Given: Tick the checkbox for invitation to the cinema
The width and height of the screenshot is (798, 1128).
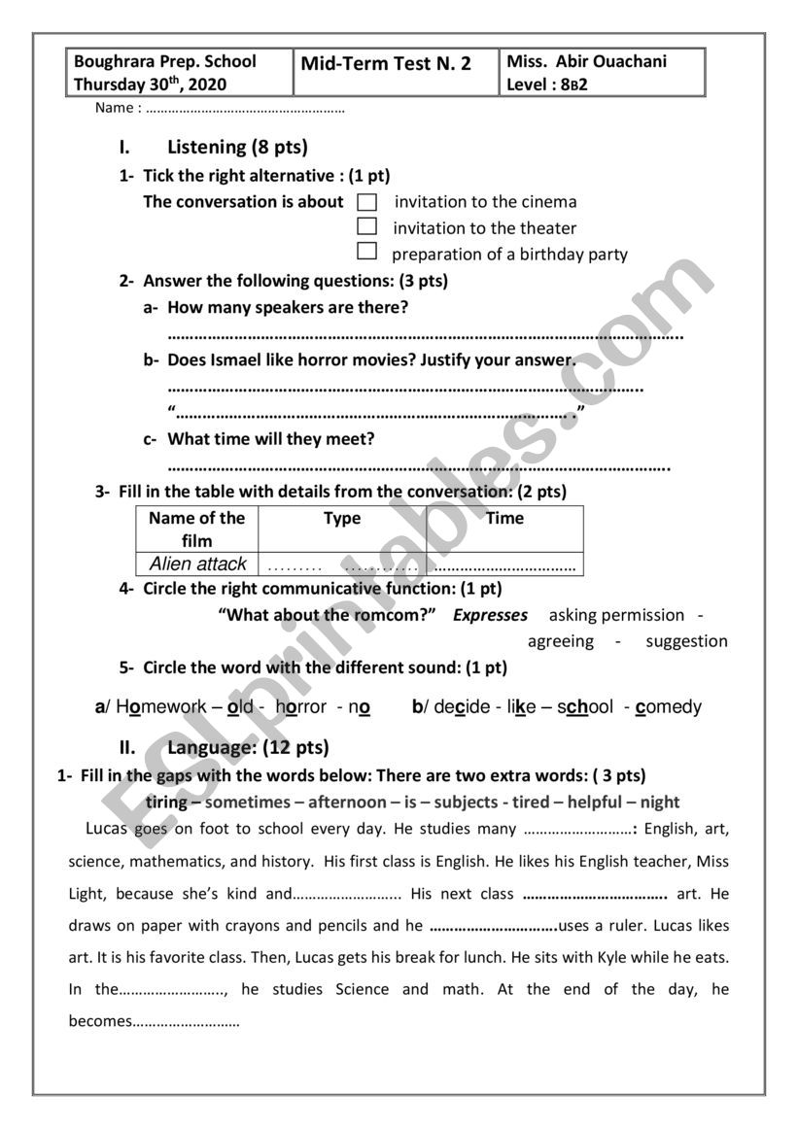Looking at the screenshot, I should [x=367, y=202].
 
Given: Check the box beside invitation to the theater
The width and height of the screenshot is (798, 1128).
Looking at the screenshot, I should [x=367, y=227].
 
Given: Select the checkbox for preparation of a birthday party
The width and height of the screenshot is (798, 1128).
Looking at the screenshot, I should [x=367, y=253].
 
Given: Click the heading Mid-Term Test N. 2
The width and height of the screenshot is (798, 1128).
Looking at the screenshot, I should [x=386, y=64].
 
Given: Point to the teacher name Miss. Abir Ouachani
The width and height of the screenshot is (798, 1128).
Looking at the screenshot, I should [x=587, y=61].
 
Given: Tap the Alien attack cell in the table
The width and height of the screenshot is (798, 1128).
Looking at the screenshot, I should [x=198, y=564].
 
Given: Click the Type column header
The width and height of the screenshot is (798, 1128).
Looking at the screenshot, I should [x=342, y=519].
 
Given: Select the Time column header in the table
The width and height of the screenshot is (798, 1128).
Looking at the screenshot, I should [x=505, y=519].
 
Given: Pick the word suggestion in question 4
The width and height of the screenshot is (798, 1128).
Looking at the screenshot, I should [x=686, y=641].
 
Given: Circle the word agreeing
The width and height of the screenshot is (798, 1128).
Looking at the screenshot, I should [x=561, y=641].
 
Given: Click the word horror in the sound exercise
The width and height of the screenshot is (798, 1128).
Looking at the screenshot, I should [x=300, y=707].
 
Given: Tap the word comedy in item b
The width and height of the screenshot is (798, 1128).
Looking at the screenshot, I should [x=668, y=707].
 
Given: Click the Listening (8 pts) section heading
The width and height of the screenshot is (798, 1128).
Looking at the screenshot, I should [x=237, y=148].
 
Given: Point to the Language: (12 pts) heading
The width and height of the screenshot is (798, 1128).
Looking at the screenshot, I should [x=248, y=747].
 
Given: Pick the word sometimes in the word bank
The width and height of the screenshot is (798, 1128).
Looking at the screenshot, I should [x=248, y=803].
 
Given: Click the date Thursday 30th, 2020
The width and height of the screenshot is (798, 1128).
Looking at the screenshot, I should [x=150, y=85].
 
